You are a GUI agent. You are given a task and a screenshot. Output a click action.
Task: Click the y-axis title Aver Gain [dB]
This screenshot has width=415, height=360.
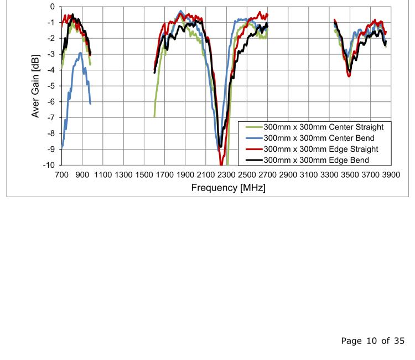coord(35,86)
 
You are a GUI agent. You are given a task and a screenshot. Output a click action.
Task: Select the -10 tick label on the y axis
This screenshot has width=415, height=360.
coord(49,165)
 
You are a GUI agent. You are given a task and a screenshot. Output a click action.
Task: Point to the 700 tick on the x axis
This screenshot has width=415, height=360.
coord(61,174)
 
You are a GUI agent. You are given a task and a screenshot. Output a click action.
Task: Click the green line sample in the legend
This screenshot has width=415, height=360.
coord(254,126)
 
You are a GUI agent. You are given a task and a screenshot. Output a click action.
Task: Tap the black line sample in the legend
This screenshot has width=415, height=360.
coord(254,160)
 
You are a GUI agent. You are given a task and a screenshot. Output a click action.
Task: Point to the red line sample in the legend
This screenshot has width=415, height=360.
coord(254,149)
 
